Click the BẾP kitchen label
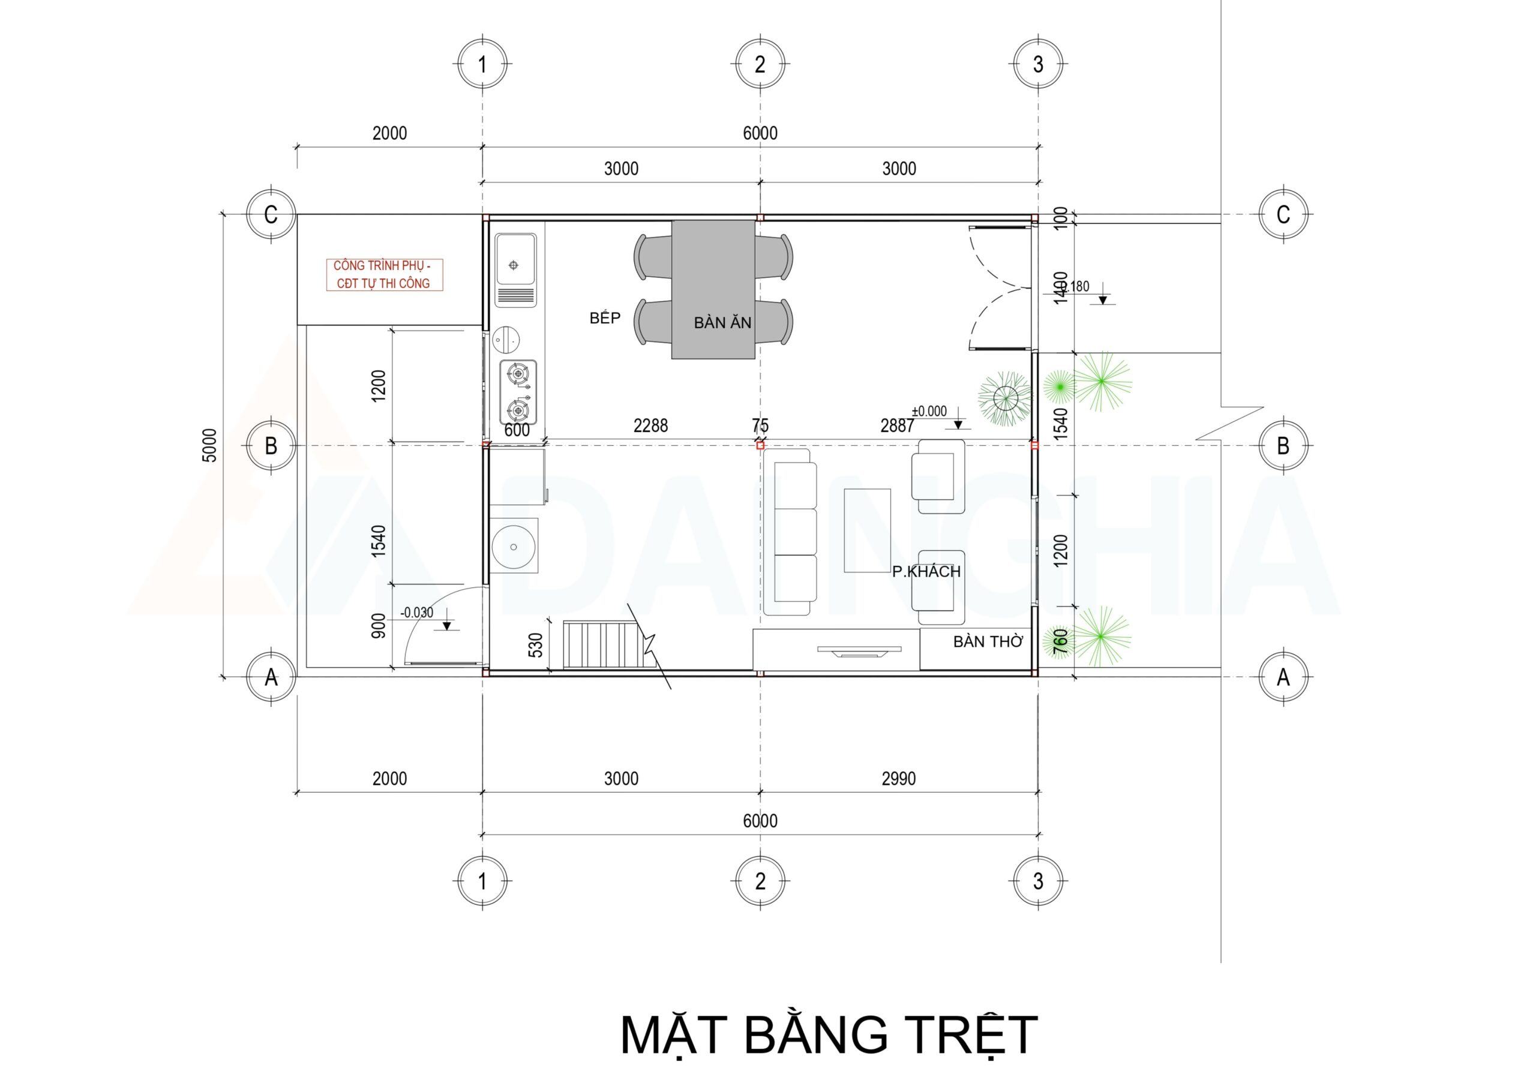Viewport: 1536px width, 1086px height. click(x=605, y=319)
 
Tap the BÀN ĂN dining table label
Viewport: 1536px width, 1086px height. click(x=722, y=323)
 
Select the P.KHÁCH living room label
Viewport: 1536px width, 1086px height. click(x=926, y=571)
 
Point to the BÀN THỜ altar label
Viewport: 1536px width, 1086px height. click(x=988, y=641)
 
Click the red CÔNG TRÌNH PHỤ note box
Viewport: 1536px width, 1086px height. click(x=383, y=274)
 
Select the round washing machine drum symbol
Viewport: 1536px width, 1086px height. click(x=514, y=547)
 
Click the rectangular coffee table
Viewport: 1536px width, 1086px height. click(x=867, y=530)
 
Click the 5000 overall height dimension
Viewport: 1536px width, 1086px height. click(x=209, y=445)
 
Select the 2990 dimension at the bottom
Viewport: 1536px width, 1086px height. click(x=898, y=779)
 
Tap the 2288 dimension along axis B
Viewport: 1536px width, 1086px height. click(x=650, y=425)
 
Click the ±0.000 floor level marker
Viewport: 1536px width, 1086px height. click(x=929, y=412)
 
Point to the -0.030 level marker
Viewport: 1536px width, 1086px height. click(x=416, y=612)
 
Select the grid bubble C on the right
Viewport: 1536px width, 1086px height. click(x=1282, y=215)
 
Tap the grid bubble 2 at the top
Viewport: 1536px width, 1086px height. click(x=760, y=65)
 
